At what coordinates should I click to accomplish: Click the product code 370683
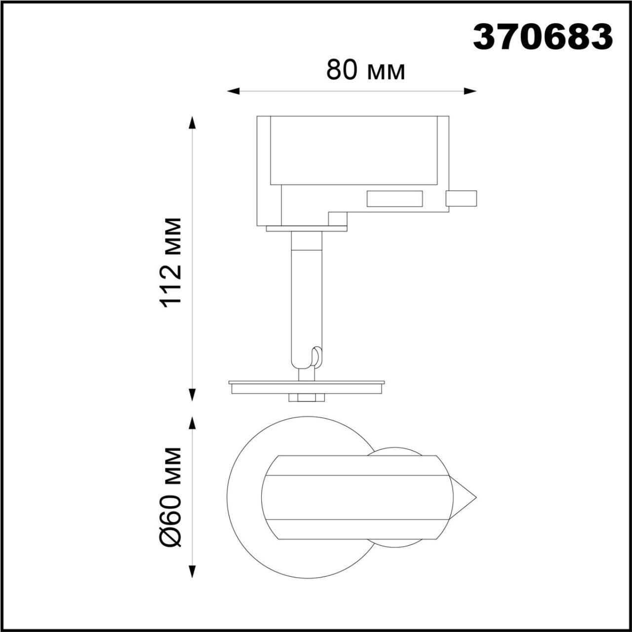coord(543,37)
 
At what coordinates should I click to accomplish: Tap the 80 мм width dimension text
coord(365,71)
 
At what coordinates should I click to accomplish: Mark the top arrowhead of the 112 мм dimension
coord(192,123)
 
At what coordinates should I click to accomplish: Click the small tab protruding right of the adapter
coord(461,198)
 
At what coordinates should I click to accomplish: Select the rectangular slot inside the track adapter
coord(395,198)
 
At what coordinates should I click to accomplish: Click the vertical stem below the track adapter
coord(306,296)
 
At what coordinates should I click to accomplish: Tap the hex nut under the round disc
coord(306,397)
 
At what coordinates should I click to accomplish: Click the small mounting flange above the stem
coord(306,228)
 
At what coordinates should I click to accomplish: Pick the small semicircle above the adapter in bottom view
coord(395,451)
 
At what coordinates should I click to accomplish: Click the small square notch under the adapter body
coord(338,219)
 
